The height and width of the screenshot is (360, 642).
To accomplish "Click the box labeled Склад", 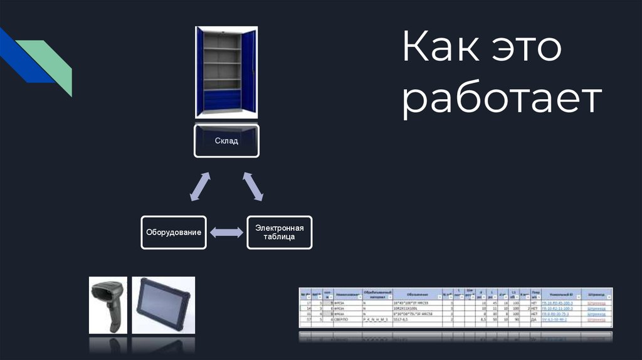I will click(x=226, y=141).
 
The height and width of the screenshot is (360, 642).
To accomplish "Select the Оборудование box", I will click(x=174, y=233).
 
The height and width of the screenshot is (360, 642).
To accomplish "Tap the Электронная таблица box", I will click(x=279, y=233).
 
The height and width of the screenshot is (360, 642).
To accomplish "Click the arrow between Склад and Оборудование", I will click(x=199, y=187).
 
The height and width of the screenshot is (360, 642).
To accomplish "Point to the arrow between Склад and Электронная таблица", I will click(x=253, y=187).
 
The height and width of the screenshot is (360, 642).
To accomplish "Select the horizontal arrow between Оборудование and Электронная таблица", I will click(x=226, y=233).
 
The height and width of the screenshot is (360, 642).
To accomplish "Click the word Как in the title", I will click(x=438, y=49).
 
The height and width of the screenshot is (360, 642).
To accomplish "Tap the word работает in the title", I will click(x=502, y=100).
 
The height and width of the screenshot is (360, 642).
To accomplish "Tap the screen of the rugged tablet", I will click(x=162, y=302).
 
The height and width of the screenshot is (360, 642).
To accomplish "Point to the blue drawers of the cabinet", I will click(x=222, y=100).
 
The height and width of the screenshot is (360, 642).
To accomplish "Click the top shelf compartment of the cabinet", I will click(x=222, y=41).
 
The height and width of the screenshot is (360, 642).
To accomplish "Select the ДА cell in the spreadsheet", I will click(x=534, y=319).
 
